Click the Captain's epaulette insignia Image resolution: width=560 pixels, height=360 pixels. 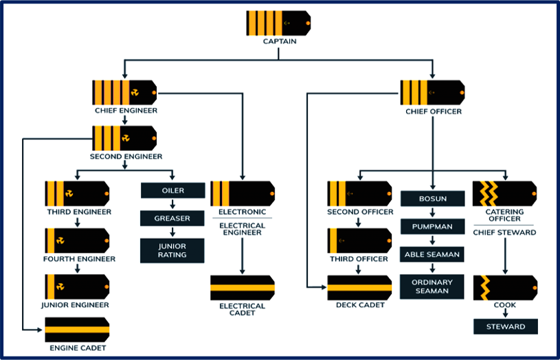pos(278,23)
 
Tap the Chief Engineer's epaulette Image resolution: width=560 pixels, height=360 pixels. pos(124,92)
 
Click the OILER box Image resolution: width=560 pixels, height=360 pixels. pos(172,190)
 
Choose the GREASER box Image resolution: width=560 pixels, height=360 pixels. pos(172,218)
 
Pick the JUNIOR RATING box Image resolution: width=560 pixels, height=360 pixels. pos(172,251)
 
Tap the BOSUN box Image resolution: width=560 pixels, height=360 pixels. pos(432,199)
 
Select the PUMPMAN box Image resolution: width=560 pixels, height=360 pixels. pos(432,227)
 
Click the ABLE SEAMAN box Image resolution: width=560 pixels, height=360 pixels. pos(432,254)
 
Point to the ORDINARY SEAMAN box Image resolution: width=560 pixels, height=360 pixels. pos(432,286)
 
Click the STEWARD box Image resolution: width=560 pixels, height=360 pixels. pos(505,326)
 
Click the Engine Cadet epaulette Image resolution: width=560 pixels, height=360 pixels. pos(77,330)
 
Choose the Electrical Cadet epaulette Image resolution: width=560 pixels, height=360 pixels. pos(242,288)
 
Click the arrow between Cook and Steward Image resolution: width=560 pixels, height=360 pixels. pos(505,313)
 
